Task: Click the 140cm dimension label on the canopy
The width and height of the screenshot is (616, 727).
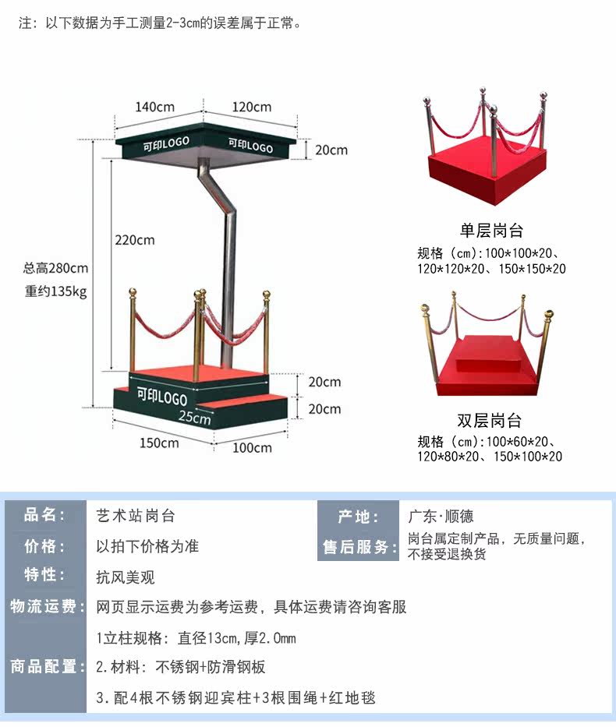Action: pyautogui.click(x=154, y=107)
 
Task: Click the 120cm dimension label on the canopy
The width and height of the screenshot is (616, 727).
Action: pyautogui.click(x=251, y=107)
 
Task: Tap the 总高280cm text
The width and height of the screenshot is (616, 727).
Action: pyautogui.click(x=55, y=269)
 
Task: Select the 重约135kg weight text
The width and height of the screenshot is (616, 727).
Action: pyautogui.click(x=55, y=293)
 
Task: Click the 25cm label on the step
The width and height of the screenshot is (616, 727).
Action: pyautogui.click(x=194, y=418)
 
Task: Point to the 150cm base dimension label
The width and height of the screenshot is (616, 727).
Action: pyautogui.click(x=159, y=443)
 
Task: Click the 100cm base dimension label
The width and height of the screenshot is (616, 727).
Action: pyautogui.click(x=253, y=447)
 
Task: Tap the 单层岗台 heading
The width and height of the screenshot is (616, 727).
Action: pyautogui.click(x=491, y=231)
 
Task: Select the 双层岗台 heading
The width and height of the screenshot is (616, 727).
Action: pyautogui.click(x=490, y=421)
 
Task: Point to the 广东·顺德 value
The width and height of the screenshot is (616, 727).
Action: pyautogui.click(x=441, y=516)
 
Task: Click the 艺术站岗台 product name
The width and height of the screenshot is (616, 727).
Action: pyautogui.click(x=131, y=515)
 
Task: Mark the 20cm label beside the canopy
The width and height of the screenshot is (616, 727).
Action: pyautogui.click(x=331, y=150)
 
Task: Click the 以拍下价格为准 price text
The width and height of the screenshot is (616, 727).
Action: pyautogui.click(x=147, y=546)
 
